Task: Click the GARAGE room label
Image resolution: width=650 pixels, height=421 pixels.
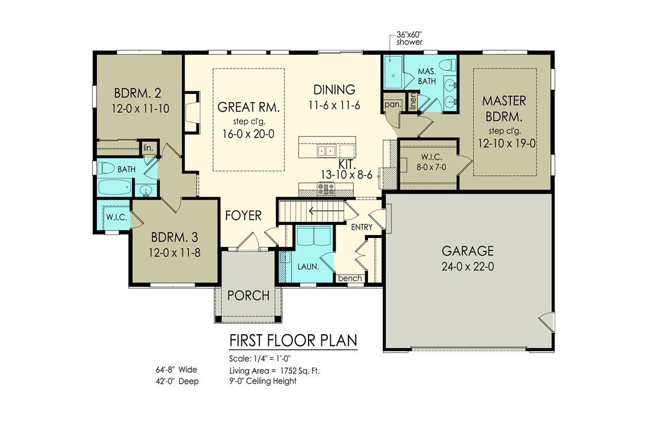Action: click(x=467, y=251)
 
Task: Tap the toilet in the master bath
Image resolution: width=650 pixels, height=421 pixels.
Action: click(x=447, y=65)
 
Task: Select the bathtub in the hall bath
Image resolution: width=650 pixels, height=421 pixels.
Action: click(x=115, y=187)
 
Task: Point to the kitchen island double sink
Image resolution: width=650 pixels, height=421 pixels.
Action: click(x=326, y=151)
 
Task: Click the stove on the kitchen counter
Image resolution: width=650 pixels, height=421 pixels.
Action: click(x=326, y=189)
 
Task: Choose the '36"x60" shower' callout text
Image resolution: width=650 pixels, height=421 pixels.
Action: click(x=409, y=38)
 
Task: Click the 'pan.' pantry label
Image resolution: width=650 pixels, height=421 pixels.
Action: click(x=393, y=105)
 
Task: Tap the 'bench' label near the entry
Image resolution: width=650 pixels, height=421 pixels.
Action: click(x=350, y=278)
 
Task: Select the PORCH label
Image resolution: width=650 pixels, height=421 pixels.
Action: click(x=248, y=295)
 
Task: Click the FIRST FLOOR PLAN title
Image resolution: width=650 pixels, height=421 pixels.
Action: click(x=293, y=341)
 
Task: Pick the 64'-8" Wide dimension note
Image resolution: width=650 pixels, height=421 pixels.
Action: click(x=176, y=370)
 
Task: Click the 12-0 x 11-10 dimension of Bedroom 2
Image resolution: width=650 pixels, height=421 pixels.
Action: click(x=140, y=109)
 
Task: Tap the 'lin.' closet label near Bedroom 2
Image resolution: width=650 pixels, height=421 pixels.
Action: click(x=148, y=148)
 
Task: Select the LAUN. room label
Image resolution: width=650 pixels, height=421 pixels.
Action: click(x=308, y=267)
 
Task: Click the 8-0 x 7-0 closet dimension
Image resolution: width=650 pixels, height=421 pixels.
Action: click(x=431, y=167)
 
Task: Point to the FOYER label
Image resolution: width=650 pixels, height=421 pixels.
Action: click(x=244, y=216)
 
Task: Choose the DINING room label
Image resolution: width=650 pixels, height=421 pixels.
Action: click(x=334, y=90)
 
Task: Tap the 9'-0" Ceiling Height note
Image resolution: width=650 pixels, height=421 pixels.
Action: click(x=263, y=381)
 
